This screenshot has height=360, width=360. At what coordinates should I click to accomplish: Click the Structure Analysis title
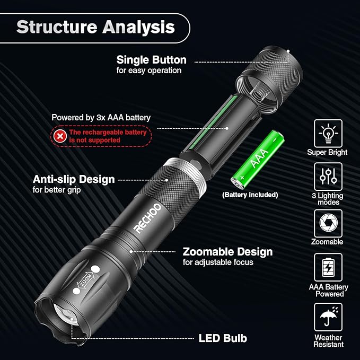pyautogui.click(x=95, y=27)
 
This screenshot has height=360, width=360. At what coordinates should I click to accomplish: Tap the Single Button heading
pyautogui.click(x=152, y=59)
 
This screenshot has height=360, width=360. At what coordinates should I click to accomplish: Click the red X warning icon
pyautogui.click(x=60, y=136)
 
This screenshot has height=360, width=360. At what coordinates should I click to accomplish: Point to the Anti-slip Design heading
pyautogui.click(x=74, y=179)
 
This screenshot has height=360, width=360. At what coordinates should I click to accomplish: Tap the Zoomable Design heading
pyautogui.click(x=227, y=251)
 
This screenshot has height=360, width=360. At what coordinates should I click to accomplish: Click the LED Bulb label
pyautogui.click(x=223, y=338)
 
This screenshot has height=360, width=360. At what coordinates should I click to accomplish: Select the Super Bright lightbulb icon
pyautogui.click(x=328, y=133)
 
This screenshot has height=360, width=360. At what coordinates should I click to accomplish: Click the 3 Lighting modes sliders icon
pyautogui.click(x=328, y=177)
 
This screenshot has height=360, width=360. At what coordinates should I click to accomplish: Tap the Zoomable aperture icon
pyautogui.click(x=328, y=223)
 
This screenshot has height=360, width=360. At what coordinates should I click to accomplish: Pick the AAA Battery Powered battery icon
pyautogui.click(x=328, y=267)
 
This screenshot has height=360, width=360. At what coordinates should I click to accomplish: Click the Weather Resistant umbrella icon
pyautogui.click(x=328, y=317)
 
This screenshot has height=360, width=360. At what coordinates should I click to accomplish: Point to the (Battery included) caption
pyautogui.click(x=250, y=195)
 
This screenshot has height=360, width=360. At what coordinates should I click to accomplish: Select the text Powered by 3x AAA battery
pyautogui.click(x=101, y=118)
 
